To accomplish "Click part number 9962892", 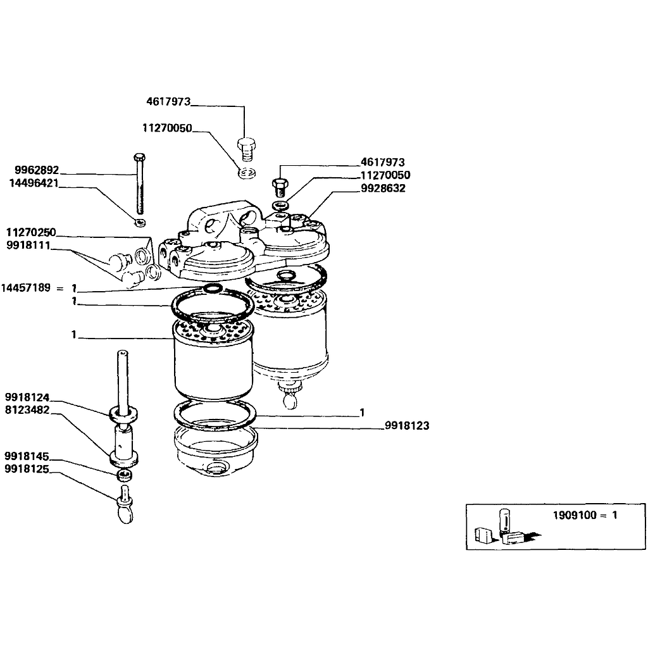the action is point(37,170).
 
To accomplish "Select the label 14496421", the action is point(34,183).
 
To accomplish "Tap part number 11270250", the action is point(31,232).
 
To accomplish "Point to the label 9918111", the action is point(28,245).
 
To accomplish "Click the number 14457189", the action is point(25,287).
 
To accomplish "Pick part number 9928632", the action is point(383,188).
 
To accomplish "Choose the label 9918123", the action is point(407,425).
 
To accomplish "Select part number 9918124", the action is point(27,397).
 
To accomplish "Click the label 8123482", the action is point(27,410).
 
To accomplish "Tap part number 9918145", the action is point(27,456).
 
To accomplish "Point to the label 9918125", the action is point(27,469).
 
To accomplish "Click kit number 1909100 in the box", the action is point(575,515).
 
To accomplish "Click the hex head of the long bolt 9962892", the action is point(140,157).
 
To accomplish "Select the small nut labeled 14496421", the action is point(140,222).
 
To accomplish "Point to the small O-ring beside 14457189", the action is point(213,288).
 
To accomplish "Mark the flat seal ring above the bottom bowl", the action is point(215,415).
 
